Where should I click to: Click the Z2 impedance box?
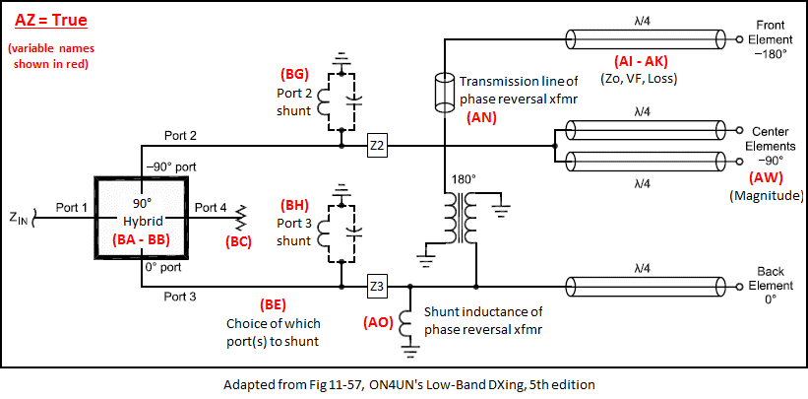pyautogui.click(x=379, y=144)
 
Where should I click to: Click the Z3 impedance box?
pyautogui.click(x=379, y=287)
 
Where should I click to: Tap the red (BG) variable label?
pyautogui.click(x=296, y=73)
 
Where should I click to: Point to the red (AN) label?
pyautogui.click(x=480, y=116)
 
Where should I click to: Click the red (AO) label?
pyautogui.click(x=380, y=321)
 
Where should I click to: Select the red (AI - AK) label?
pyautogui.click(x=644, y=60)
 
